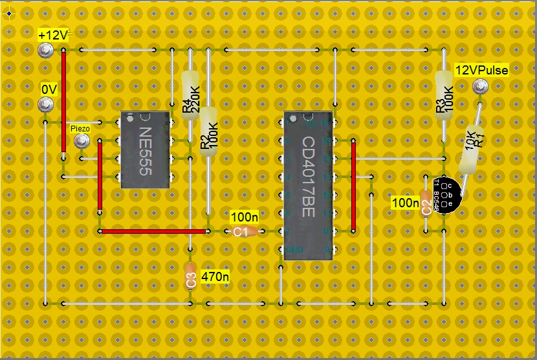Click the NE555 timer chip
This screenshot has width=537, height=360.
[x=146, y=150]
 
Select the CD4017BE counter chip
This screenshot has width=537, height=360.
[x=308, y=185]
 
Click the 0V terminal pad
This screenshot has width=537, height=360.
[x=45, y=104]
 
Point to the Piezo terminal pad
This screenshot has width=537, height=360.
[x=81, y=141]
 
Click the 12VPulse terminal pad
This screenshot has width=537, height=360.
[x=480, y=87]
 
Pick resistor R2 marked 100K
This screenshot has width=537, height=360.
[x=208, y=132]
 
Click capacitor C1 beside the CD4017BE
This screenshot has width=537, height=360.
[x=244, y=231]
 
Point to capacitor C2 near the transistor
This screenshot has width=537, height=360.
[x=426, y=203]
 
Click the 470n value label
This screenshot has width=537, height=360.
[x=215, y=276]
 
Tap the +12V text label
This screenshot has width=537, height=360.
[x=52, y=35]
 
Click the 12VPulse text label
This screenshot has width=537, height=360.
[x=482, y=70]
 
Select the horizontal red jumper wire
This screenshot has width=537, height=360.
[x=153, y=231]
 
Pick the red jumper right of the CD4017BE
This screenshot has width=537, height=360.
[x=353, y=186]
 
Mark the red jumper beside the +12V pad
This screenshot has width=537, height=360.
[x=63, y=101]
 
